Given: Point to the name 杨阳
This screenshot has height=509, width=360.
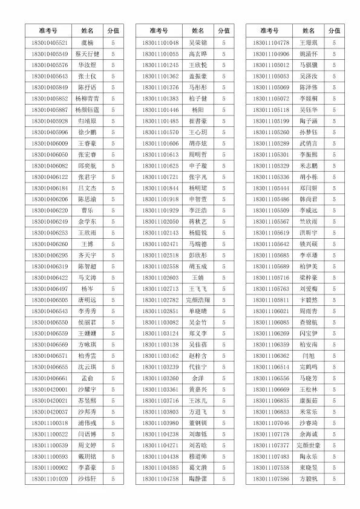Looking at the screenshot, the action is pyautogui.click(x=198, y=110).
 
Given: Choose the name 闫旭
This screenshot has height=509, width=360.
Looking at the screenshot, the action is pyautogui.click(x=309, y=355).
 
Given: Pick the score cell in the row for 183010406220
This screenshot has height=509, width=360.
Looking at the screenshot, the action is pyautogui.click(x=113, y=210).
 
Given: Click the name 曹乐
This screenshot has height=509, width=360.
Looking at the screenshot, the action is pyautogui.click(x=87, y=210).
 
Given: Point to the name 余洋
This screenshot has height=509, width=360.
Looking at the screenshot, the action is pyautogui.click(x=198, y=378).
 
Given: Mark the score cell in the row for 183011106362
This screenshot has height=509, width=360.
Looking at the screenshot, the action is pyautogui.click(x=335, y=355).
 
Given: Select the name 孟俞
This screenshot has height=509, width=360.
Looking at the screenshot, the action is pyautogui.click(x=87, y=378).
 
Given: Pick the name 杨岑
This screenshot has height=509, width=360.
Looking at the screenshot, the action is pyautogui.click(x=87, y=288).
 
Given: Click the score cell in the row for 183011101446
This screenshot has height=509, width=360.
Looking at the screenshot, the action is pyautogui.click(x=224, y=110).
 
